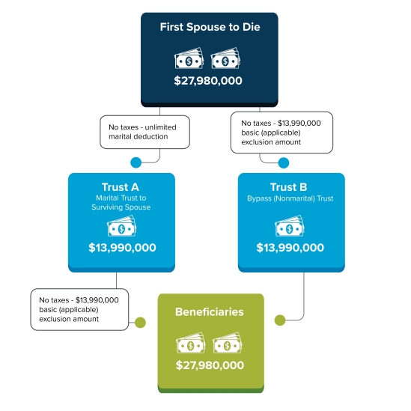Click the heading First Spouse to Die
pos(210,27)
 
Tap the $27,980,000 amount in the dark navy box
pos(208,80)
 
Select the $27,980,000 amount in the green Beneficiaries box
pos(210,365)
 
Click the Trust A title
pos(121,187)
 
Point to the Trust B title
pos(288,187)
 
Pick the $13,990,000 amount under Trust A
pos(123,248)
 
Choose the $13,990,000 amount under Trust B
pos(290,248)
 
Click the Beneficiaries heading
pos(210,312)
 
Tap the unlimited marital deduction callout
pos(144,132)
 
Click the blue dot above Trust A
pos(136,162)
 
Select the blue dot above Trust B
pos(284,162)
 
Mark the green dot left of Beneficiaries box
pos(140,323)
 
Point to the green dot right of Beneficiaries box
pos(280,320)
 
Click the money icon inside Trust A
pos(121,225)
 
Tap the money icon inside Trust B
pos(290,225)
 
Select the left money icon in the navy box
pos(189,58)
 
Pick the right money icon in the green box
pos(228,343)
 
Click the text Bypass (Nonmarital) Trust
pos(290,198)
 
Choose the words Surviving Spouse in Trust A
pos(121,207)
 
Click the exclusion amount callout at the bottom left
pos(79,309)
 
